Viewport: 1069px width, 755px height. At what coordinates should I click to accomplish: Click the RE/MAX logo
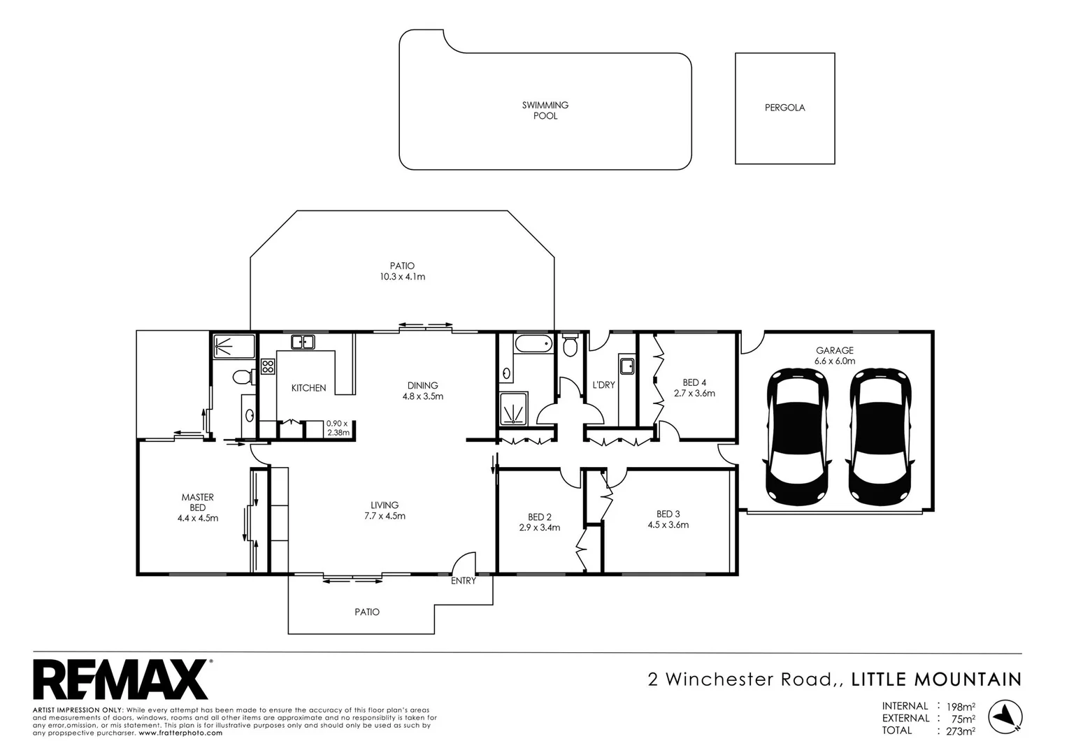pos(120,679)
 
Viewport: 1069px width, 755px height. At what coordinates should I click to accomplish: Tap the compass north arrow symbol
pos(1005,716)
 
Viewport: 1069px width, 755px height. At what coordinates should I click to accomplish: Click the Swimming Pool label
pos(545,110)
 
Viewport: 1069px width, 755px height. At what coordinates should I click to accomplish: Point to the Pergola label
pos(784,108)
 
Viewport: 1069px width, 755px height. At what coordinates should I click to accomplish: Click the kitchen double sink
pos(303,342)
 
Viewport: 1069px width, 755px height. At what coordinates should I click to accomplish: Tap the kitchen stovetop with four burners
pos(268,366)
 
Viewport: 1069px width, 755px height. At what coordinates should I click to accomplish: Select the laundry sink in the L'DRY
pos(626,366)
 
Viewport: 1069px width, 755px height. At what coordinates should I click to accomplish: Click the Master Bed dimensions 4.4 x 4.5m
pos(198,519)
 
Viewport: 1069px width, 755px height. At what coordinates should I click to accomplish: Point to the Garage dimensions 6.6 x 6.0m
pos(834,361)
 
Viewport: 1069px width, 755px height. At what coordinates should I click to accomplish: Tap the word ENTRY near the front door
pos(463,581)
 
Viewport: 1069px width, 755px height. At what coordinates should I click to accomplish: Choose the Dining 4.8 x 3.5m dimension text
pos(422,396)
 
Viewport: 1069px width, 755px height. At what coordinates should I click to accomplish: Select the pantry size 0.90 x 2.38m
pos(338,428)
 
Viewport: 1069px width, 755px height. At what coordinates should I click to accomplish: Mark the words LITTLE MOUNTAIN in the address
pos(936,679)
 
